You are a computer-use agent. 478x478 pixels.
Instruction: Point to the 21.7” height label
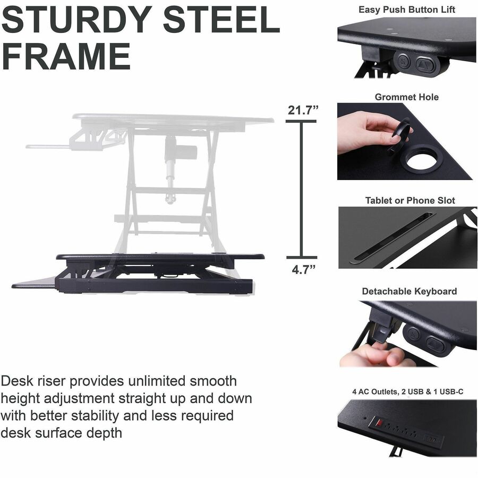303,110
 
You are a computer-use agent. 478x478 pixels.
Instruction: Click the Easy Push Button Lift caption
407,10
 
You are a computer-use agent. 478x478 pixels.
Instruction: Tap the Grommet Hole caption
407,97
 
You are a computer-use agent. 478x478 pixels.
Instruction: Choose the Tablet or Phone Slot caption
410,200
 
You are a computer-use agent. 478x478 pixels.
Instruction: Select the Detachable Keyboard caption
409,291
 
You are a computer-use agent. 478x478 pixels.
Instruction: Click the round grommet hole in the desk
424,158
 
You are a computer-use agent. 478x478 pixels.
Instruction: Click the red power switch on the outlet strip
379,423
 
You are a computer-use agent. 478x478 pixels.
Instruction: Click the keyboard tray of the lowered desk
34,283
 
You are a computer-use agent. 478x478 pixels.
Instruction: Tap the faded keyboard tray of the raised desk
48,147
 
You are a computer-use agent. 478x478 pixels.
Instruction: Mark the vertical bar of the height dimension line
301,189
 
